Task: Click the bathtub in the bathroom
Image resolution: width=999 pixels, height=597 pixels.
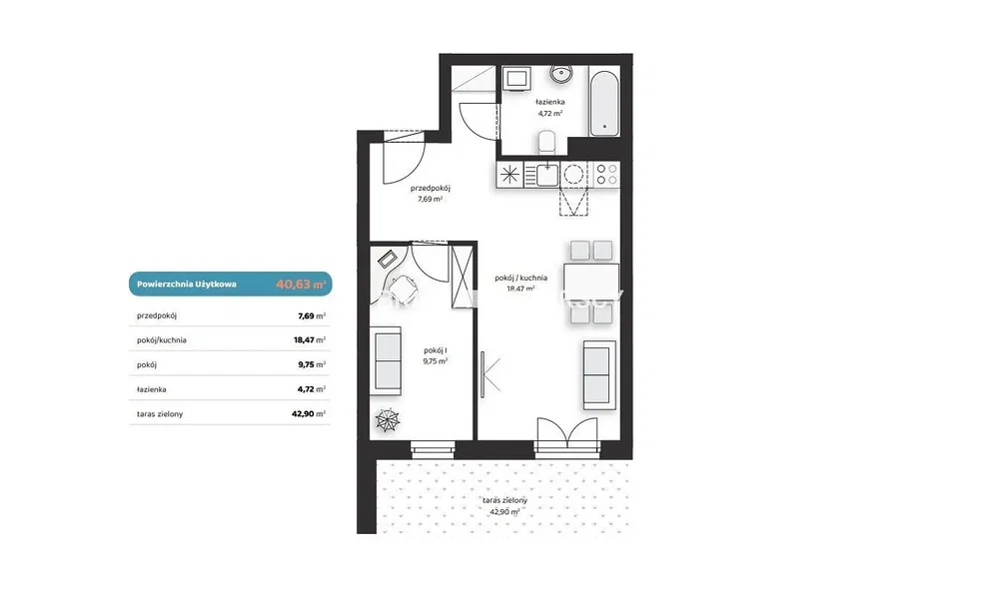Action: pos(604,103)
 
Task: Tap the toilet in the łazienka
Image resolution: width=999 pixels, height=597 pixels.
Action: pos(547,143)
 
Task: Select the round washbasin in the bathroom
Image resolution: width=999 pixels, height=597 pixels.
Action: pos(561,74)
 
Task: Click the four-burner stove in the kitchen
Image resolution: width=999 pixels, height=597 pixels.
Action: pos(606,175)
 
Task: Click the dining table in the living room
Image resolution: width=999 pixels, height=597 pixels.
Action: pos(591,281)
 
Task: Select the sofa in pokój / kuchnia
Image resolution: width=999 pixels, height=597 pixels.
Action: pos(599,375)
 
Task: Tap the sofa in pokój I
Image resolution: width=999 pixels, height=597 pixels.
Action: pos(386,360)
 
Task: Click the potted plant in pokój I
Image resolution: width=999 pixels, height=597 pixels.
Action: pos(388,420)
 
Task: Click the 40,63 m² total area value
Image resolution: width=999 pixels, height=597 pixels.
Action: pos(301,284)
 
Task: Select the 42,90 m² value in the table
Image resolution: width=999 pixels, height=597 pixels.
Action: pos(309,413)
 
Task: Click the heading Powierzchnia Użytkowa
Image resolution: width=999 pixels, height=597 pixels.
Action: pos(187,284)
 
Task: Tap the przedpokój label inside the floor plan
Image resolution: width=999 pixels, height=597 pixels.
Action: pos(430,189)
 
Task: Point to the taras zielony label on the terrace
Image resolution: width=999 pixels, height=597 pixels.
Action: pos(504,500)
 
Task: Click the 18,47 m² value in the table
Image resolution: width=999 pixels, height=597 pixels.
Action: pos(310,339)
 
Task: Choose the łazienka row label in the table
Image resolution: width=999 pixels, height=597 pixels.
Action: pos(152,389)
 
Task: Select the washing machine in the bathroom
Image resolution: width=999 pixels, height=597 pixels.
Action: pos(515,80)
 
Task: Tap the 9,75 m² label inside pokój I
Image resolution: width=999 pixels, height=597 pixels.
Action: pos(436,360)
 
